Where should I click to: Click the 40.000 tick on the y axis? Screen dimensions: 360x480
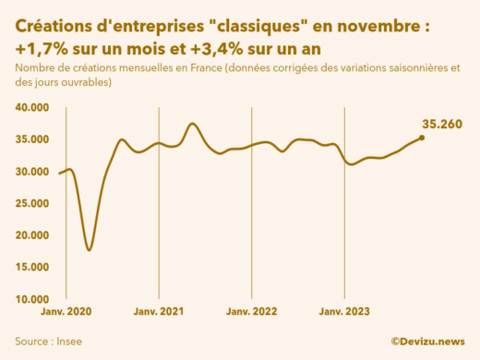click(31, 107)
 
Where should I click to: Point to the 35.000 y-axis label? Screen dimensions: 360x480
click(31, 139)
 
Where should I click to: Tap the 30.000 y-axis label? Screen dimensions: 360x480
click(31, 172)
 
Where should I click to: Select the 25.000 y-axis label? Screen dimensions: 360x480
click(31, 203)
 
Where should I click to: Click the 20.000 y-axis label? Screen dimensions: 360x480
click(31, 235)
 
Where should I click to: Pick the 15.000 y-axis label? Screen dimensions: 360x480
click(31, 268)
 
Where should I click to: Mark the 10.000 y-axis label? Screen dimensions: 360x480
click(31, 299)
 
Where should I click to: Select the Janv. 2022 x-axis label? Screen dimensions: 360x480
click(251, 312)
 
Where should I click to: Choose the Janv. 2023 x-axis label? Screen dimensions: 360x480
click(344, 312)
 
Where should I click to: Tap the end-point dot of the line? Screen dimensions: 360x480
click(422, 138)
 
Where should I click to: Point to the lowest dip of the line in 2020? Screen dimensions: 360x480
click(89, 250)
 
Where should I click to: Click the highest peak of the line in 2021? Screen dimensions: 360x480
click(193, 124)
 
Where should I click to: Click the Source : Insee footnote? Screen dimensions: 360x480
click(48, 341)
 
